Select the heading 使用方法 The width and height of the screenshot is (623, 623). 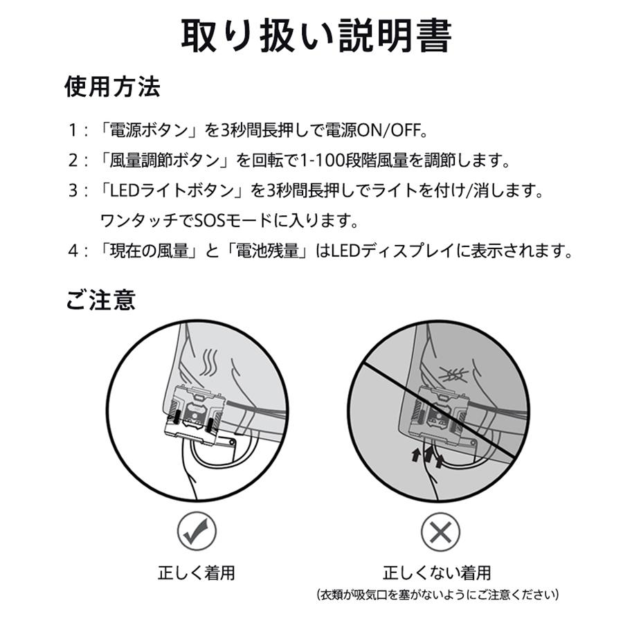(112, 87)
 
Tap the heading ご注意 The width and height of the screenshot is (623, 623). (100, 299)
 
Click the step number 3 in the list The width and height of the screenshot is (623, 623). (73, 191)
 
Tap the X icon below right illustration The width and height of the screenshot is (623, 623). (440, 532)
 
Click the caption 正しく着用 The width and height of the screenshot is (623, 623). (197, 572)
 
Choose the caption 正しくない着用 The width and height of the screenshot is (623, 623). (437, 572)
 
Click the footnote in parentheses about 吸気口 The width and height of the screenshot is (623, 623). (437, 595)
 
